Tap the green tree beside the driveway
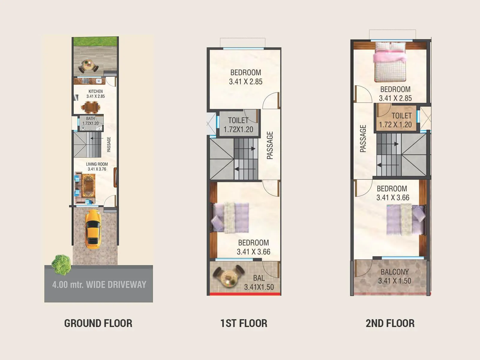pyautogui.click(x=61, y=265)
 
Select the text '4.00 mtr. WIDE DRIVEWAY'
pyautogui.click(x=99, y=284)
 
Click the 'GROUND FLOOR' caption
pyautogui.click(x=98, y=323)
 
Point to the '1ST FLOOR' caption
pyautogui.click(x=244, y=323)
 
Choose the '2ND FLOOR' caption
pyautogui.click(x=390, y=323)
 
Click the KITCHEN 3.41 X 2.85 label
pyautogui.click(x=95, y=94)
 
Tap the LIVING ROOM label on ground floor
pyautogui.click(x=97, y=166)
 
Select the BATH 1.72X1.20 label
pyautogui.click(x=90, y=121)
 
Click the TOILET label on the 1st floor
pyautogui.click(x=238, y=125)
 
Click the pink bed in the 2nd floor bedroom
pyautogui.click(x=390, y=61)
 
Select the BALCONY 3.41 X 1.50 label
pyautogui.click(x=394, y=276)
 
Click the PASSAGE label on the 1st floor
pyautogui.click(x=270, y=145)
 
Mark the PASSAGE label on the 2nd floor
pyautogui.click(x=363, y=139)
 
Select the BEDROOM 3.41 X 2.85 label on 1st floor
pyautogui.click(x=246, y=77)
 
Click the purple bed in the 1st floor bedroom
pyautogui.click(x=230, y=217)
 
